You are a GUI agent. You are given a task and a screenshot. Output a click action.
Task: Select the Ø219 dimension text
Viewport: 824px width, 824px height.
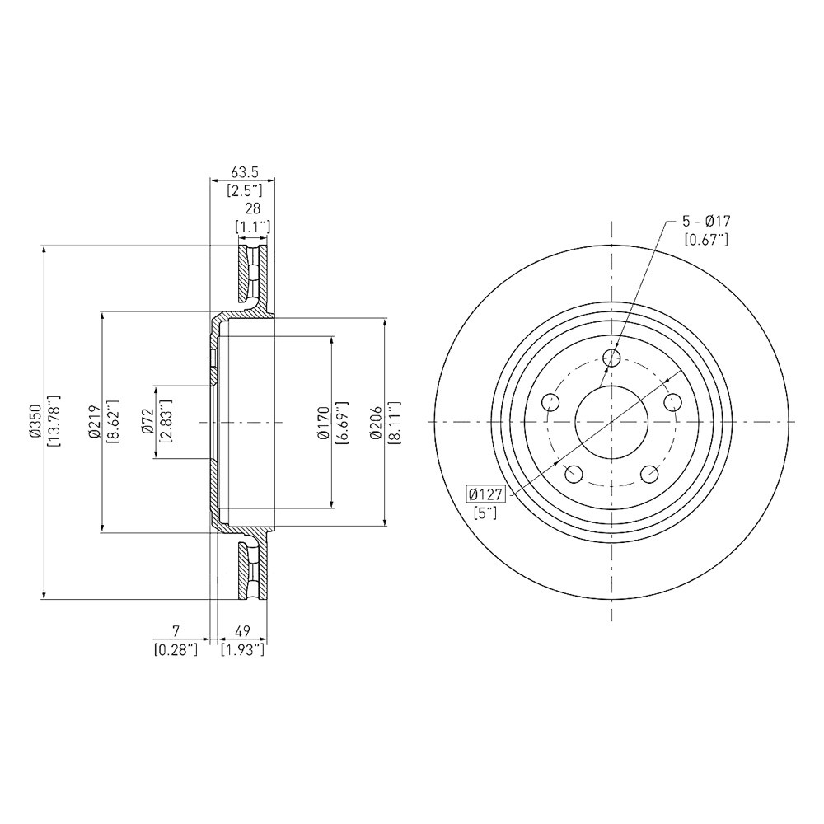point(95,421)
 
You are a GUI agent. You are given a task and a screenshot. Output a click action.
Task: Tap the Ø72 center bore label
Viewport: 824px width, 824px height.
point(147,422)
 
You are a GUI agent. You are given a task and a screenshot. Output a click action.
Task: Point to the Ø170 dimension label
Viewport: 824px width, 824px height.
point(323,421)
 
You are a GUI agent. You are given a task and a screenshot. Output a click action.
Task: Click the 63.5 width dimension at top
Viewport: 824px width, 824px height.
point(243,171)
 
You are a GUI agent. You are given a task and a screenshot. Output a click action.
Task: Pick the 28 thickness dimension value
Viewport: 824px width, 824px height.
point(252,208)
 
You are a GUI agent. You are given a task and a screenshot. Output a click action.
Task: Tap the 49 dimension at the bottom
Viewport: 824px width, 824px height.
point(242,630)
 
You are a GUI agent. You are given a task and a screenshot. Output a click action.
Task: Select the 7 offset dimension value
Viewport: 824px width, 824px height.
point(176,630)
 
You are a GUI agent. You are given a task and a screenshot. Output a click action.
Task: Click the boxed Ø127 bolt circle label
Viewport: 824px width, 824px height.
point(485,494)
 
